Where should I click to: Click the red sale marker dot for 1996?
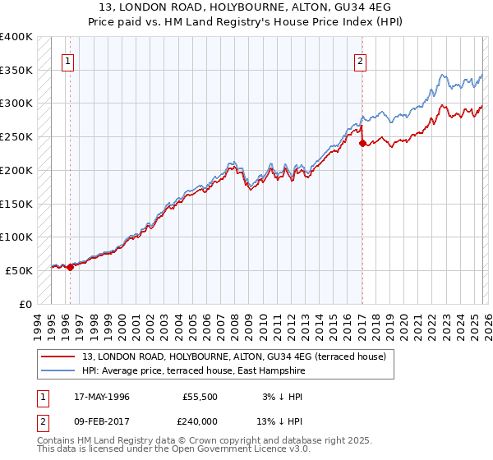(x=70, y=266)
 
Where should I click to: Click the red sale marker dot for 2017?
(x=362, y=143)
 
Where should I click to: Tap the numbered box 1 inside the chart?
(x=67, y=59)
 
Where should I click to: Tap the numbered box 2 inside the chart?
(x=360, y=59)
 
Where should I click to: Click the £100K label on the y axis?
(x=16, y=237)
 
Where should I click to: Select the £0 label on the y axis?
(x=23, y=304)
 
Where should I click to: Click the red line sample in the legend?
(x=59, y=356)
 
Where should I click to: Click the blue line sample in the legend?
(x=59, y=371)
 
